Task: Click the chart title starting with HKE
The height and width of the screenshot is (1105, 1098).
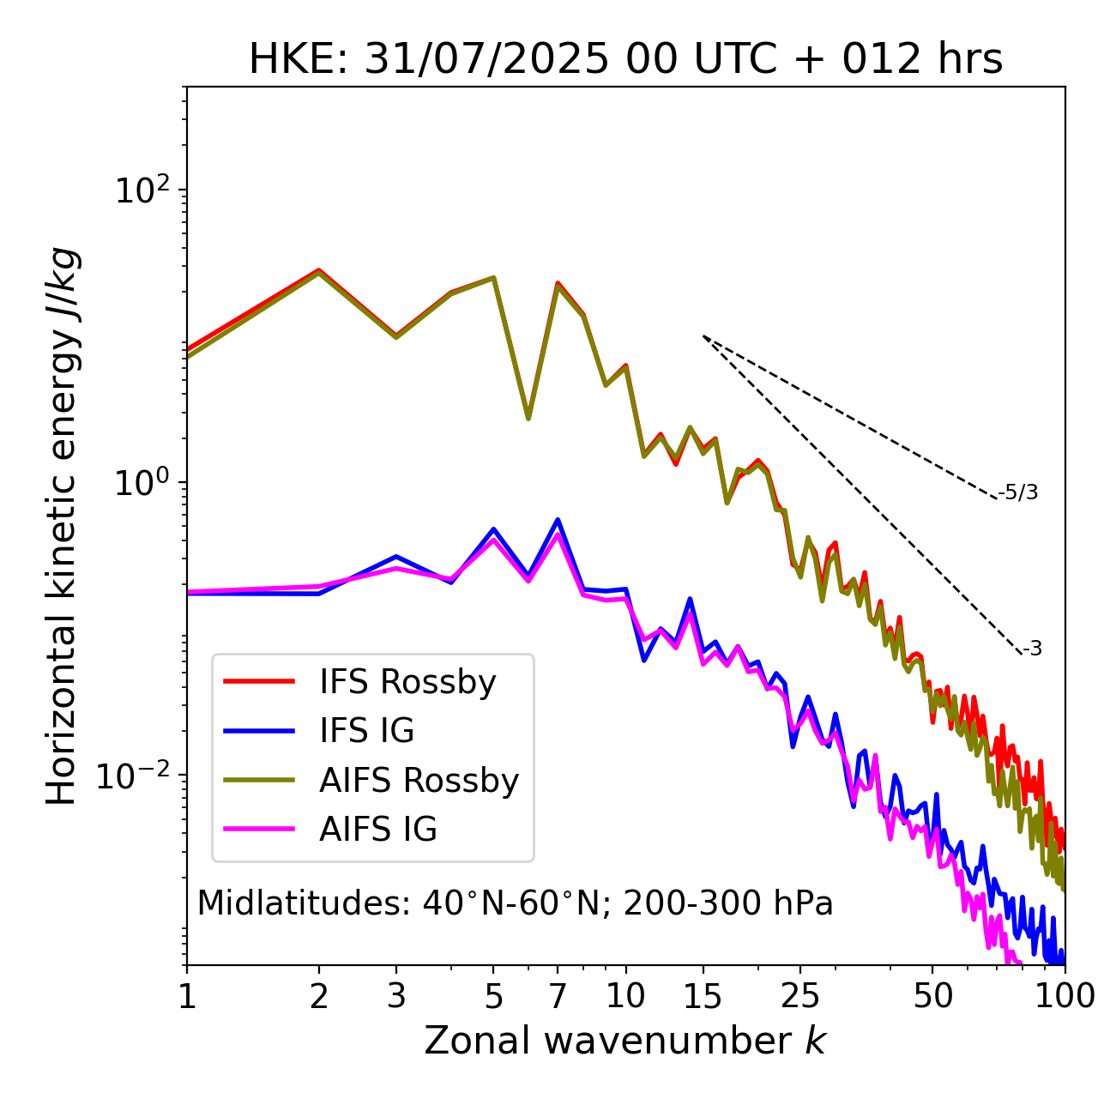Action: tap(625, 59)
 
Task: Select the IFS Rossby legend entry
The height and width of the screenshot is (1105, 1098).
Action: tap(407, 682)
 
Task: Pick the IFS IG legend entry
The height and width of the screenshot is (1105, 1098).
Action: tap(366, 731)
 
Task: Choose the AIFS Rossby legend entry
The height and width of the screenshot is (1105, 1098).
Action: tap(419, 781)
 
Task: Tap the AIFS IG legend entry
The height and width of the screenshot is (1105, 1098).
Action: tap(378, 830)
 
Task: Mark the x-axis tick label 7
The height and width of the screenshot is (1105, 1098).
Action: tap(558, 996)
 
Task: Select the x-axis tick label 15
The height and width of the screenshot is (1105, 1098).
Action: tap(703, 996)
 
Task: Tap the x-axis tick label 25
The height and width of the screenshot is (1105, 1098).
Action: tap(800, 996)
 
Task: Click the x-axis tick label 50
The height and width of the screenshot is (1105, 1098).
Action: tap(932, 996)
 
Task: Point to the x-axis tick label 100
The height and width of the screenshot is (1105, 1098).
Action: tap(1064, 996)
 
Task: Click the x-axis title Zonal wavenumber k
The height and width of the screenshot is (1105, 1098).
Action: tap(624, 1041)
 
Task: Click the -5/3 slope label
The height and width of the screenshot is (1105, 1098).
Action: tap(1018, 492)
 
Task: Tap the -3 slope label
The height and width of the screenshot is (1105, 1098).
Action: tap(1032, 649)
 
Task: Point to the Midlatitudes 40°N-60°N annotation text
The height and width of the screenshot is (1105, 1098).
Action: tap(515, 903)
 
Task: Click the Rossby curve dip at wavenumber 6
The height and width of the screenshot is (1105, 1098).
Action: tap(528, 418)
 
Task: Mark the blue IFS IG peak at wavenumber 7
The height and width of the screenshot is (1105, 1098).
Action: tap(558, 520)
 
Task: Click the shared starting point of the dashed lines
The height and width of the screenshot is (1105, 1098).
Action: tap(703, 336)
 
